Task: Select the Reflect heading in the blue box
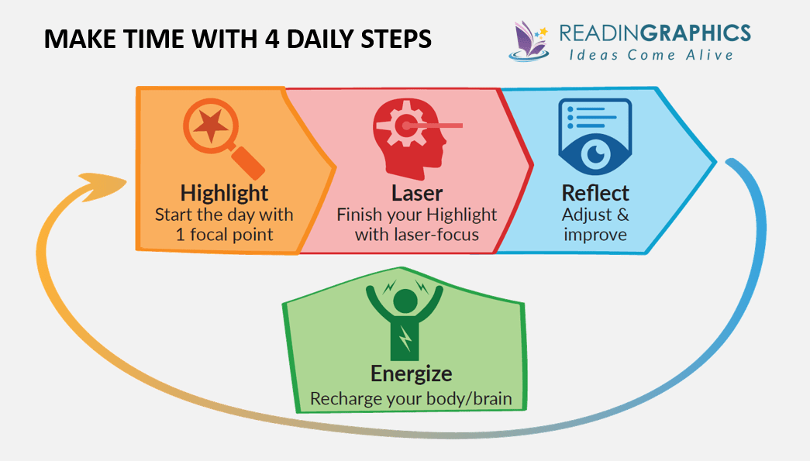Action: tap(595, 192)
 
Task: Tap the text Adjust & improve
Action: tap(595, 223)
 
